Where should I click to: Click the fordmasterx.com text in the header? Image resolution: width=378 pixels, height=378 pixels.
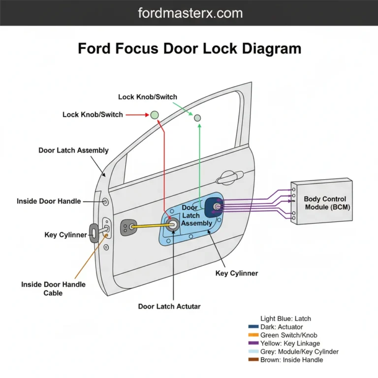(x=189, y=12)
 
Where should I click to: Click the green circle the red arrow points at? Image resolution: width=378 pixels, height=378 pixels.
(x=155, y=115)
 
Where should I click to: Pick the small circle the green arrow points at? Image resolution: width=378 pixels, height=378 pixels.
(x=197, y=118)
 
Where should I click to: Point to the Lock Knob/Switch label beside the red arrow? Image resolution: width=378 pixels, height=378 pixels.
(x=93, y=115)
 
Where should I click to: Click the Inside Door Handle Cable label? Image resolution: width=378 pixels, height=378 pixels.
(x=53, y=288)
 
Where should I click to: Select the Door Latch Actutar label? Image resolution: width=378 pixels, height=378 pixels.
(x=169, y=307)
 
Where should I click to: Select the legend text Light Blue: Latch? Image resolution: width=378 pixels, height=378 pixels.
(x=285, y=319)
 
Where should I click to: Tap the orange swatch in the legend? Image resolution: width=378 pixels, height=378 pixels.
(x=254, y=335)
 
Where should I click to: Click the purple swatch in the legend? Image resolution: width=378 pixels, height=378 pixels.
(x=254, y=344)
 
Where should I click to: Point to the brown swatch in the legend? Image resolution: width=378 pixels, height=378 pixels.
(x=254, y=360)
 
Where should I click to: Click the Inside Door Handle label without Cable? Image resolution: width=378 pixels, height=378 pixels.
(x=49, y=201)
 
